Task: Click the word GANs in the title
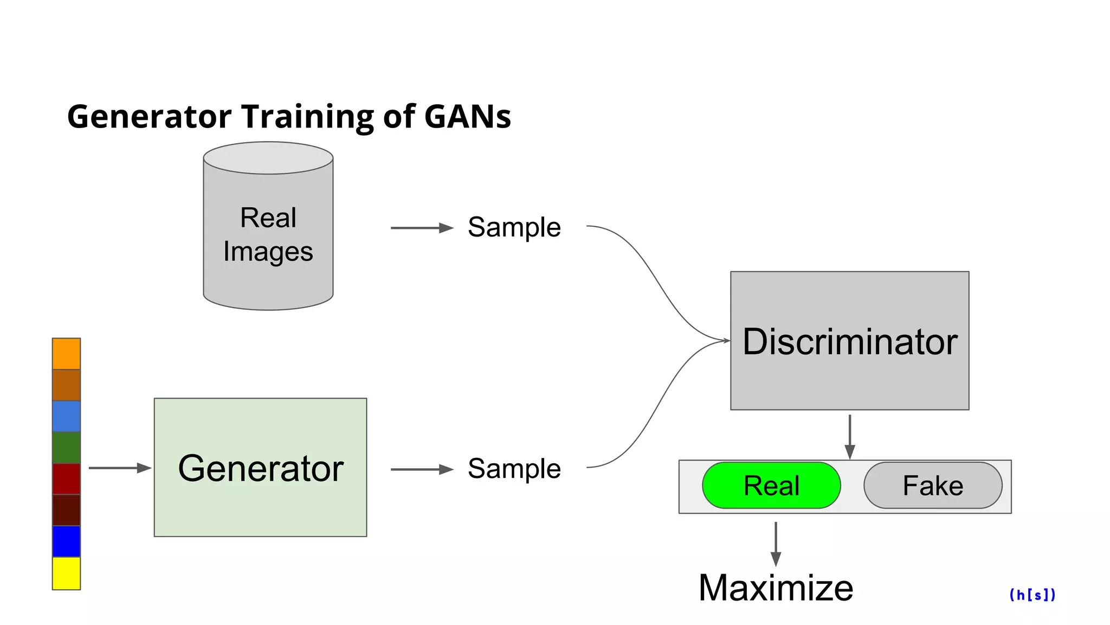[467, 117]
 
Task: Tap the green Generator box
[260, 468]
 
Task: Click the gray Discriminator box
[849, 341]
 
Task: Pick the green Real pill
[771, 485]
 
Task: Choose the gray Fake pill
[933, 485]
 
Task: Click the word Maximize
[776, 588]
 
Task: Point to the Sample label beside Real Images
[514, 227]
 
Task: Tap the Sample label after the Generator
[514, 468]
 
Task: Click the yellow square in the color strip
[66, 573]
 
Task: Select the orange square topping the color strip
[66, 353]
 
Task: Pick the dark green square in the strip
[66, 448]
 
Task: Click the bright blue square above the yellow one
[66, 541]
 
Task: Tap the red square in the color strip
[66, 479]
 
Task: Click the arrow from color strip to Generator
[119, 468]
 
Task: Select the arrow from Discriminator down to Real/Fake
[849, 436]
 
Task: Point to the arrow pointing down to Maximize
[776, 544]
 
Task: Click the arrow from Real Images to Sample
[422, 228]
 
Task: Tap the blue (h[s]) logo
[1032, 595]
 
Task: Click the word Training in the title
[307, 117]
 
